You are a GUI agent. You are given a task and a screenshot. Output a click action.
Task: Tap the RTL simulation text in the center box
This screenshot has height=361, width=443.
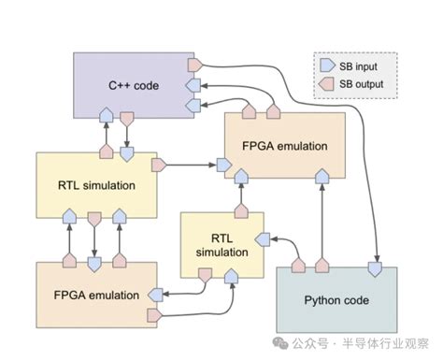point(216,242)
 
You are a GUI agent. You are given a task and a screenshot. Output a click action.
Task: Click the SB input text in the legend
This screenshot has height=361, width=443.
point(360,66)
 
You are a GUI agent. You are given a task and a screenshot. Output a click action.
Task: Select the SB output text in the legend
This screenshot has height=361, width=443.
point(363,85)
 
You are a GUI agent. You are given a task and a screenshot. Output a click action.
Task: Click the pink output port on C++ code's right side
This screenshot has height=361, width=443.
point(194,65)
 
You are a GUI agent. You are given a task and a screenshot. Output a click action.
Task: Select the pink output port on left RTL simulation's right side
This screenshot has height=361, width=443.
point(158,166)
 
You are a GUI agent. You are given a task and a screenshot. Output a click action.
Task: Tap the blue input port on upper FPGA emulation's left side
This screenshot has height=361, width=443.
point(222,166)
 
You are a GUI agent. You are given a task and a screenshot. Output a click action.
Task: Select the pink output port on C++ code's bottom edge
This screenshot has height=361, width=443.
point(127,118)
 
